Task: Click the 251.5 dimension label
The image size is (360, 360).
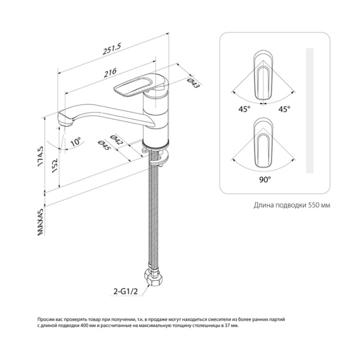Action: click(x=112, y=49)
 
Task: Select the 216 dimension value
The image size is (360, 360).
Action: click(x=110, y=73)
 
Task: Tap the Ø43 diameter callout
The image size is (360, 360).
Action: click(x=193, y=83)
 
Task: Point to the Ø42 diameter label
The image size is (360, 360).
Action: click(x=116, y=140)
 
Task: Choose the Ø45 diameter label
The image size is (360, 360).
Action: click(x=104, y=146)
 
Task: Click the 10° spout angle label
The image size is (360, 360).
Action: click(x=76, y=142)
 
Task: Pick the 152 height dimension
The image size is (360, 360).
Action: click(x=55, y=166)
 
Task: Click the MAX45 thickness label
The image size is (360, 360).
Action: click(x=40, y=222)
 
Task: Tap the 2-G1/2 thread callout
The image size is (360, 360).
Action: click(x=125, y=292)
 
